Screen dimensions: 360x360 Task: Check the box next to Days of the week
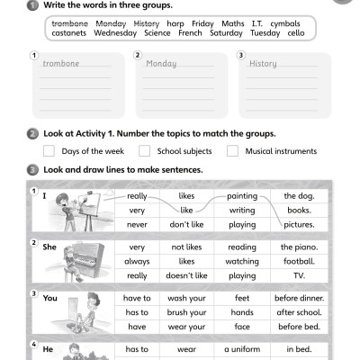[x=49, y=151]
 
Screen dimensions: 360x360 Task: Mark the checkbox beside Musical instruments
[x=233, y=151]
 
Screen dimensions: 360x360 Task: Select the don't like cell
[x=186, y=224]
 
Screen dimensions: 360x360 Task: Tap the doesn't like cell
[x=186, y=275]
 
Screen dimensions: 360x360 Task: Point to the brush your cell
[x=186, y=312]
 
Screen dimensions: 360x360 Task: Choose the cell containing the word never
[x=137, y=224]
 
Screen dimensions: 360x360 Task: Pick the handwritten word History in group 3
[x=263, y=65]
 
